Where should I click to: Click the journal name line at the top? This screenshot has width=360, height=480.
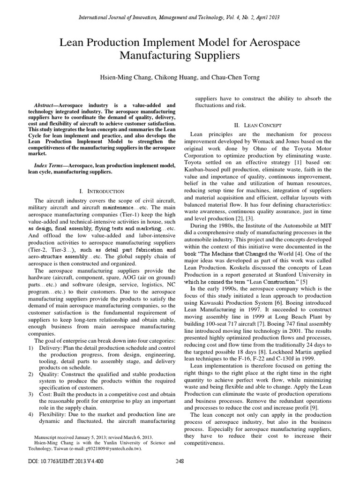180,17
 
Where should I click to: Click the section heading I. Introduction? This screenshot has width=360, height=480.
101,191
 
